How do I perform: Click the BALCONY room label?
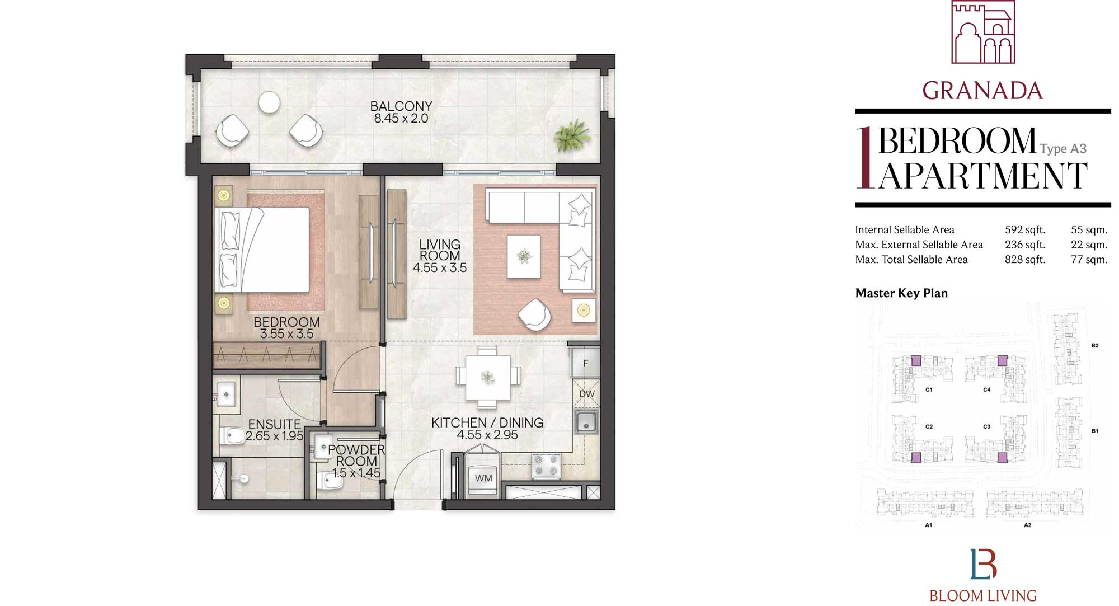click(x=401, y=106)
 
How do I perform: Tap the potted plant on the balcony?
click(x=572, y=135)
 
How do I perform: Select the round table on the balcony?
click(x=269, y=102)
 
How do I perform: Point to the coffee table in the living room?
click(x=524, y=256)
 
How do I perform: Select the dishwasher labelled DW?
click(x=586, y=394)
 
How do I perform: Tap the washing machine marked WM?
click(x=483, y=478)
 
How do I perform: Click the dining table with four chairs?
click(x=487, y=377)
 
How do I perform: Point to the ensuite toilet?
click(x=233, y=434)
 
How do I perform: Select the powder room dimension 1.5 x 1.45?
click(x=356, y=473)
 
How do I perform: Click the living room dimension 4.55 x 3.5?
click(x=440, y=267)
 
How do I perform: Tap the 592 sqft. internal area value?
click(x=1024, y=229)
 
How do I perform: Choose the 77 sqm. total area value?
click(x=1089, y=260)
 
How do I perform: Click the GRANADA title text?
click(x=982, y=91)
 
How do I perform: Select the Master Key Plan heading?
click(x=901, y=293)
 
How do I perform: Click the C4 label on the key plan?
click(x=986, y=390)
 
